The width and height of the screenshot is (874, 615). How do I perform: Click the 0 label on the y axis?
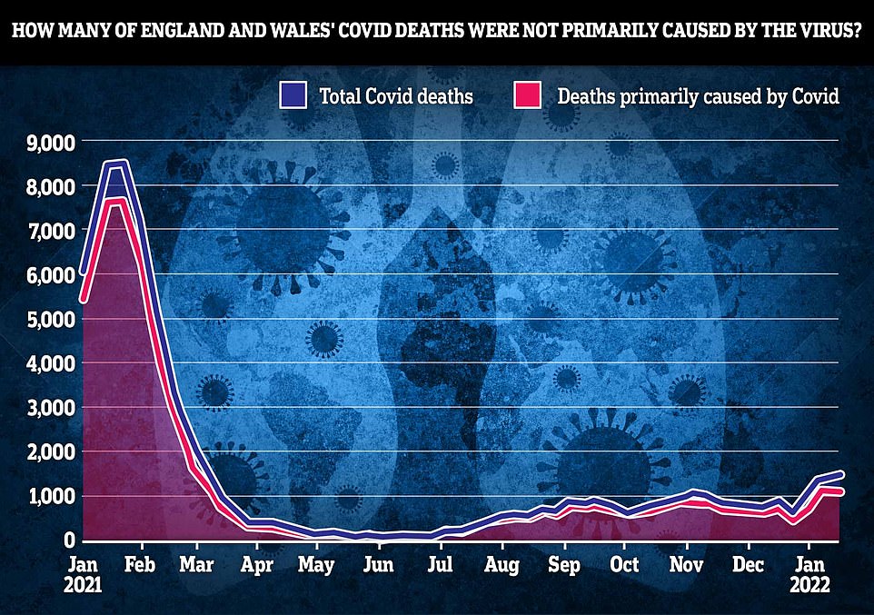tap(65, 541)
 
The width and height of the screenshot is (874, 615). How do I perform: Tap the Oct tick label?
tap(623, 563)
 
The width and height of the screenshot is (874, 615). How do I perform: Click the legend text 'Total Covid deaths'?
tap(395, 95)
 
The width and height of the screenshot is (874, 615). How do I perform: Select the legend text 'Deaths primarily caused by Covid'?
tap(698, 95)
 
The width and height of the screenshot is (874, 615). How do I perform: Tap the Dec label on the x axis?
tap(747, 563)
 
